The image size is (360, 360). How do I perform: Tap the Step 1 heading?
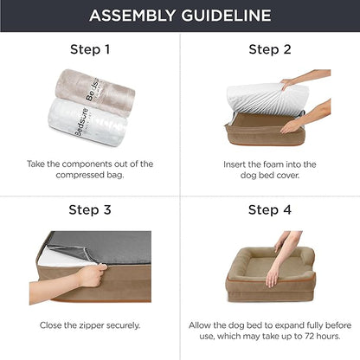[x=90, y=48]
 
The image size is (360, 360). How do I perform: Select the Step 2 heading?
[x=269, y=48]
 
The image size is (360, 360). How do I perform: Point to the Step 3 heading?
[x=90, y=209]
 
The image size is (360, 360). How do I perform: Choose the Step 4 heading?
[x=269, y=209]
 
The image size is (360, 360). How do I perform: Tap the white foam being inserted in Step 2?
[x=260, y=94]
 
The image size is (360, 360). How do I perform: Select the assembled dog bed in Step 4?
[x=260, y=277]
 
